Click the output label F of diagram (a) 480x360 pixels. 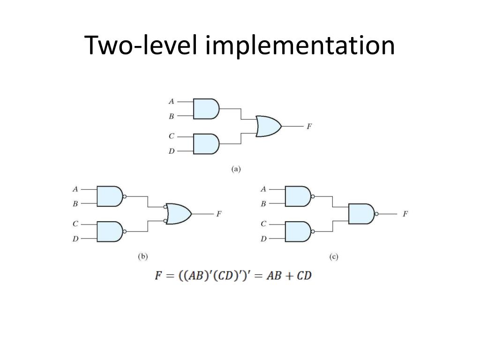coord(309,127)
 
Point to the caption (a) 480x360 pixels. coord(236,169)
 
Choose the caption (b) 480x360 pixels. coord(142,256)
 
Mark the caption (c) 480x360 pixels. coord(333,256)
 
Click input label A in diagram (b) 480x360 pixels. coord(75,189)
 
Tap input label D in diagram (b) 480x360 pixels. coord(75,239)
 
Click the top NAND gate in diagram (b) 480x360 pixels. coord(109,196)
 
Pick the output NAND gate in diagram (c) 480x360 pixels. coord(361,214)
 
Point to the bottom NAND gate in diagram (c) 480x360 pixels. coord(298,231)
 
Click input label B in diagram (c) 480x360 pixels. coord(263,204)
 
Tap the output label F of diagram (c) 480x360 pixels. coord(405,214)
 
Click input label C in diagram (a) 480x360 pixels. coord(172,136)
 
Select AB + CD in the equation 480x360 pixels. coord(289,276)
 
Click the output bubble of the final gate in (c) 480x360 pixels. coord(376,214)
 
